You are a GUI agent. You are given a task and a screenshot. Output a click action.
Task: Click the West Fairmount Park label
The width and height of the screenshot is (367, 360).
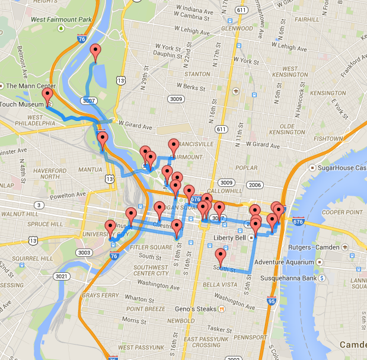pos(61,20)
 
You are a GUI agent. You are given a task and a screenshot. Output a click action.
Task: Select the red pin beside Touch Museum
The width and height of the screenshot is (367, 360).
pos(47,97)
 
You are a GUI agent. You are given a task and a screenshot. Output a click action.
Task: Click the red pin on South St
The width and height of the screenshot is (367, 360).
pos(221,257)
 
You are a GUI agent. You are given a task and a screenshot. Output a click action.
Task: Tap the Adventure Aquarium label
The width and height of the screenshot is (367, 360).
pos(282,262)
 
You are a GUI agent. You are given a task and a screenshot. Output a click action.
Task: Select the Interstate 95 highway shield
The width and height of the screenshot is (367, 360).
pos(271,301)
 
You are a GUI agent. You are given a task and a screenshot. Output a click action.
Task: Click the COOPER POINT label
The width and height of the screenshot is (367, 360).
pos(342,212)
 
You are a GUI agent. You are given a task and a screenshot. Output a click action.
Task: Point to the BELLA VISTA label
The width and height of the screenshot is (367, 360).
pos(221,285)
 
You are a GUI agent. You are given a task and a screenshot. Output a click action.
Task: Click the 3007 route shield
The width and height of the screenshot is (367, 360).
pos(90,101)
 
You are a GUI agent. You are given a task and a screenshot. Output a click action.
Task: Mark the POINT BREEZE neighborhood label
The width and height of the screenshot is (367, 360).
pos(146,309)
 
